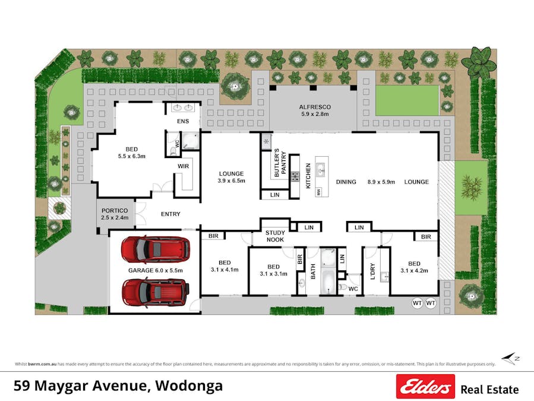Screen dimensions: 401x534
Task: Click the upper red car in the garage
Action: (156, 250)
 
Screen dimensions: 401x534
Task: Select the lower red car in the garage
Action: (156, 291)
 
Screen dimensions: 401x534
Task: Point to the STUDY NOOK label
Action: (275, 236)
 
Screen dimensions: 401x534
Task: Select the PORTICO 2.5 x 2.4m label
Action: (115, 214)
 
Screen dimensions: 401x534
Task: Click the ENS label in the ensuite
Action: (183, 121)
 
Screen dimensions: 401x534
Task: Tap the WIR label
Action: (183, 166)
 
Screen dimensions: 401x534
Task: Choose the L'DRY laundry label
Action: (373, 270)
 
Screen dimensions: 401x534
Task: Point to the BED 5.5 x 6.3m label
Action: (132, 153)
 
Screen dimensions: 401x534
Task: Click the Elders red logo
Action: (425, 387)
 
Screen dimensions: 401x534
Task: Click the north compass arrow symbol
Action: (509, 358)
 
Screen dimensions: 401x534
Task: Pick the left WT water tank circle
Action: (417, 303)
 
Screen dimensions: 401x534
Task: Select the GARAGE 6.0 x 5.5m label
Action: (156, 270)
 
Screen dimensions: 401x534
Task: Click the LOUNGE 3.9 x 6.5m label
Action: (232, 178)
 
